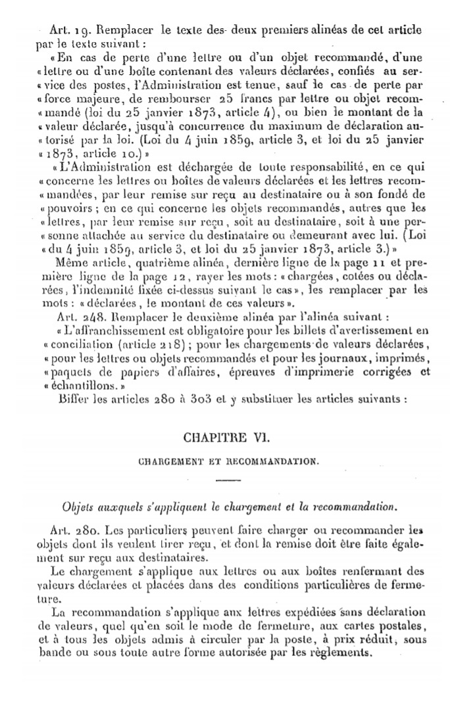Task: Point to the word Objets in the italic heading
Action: [78, 507]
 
